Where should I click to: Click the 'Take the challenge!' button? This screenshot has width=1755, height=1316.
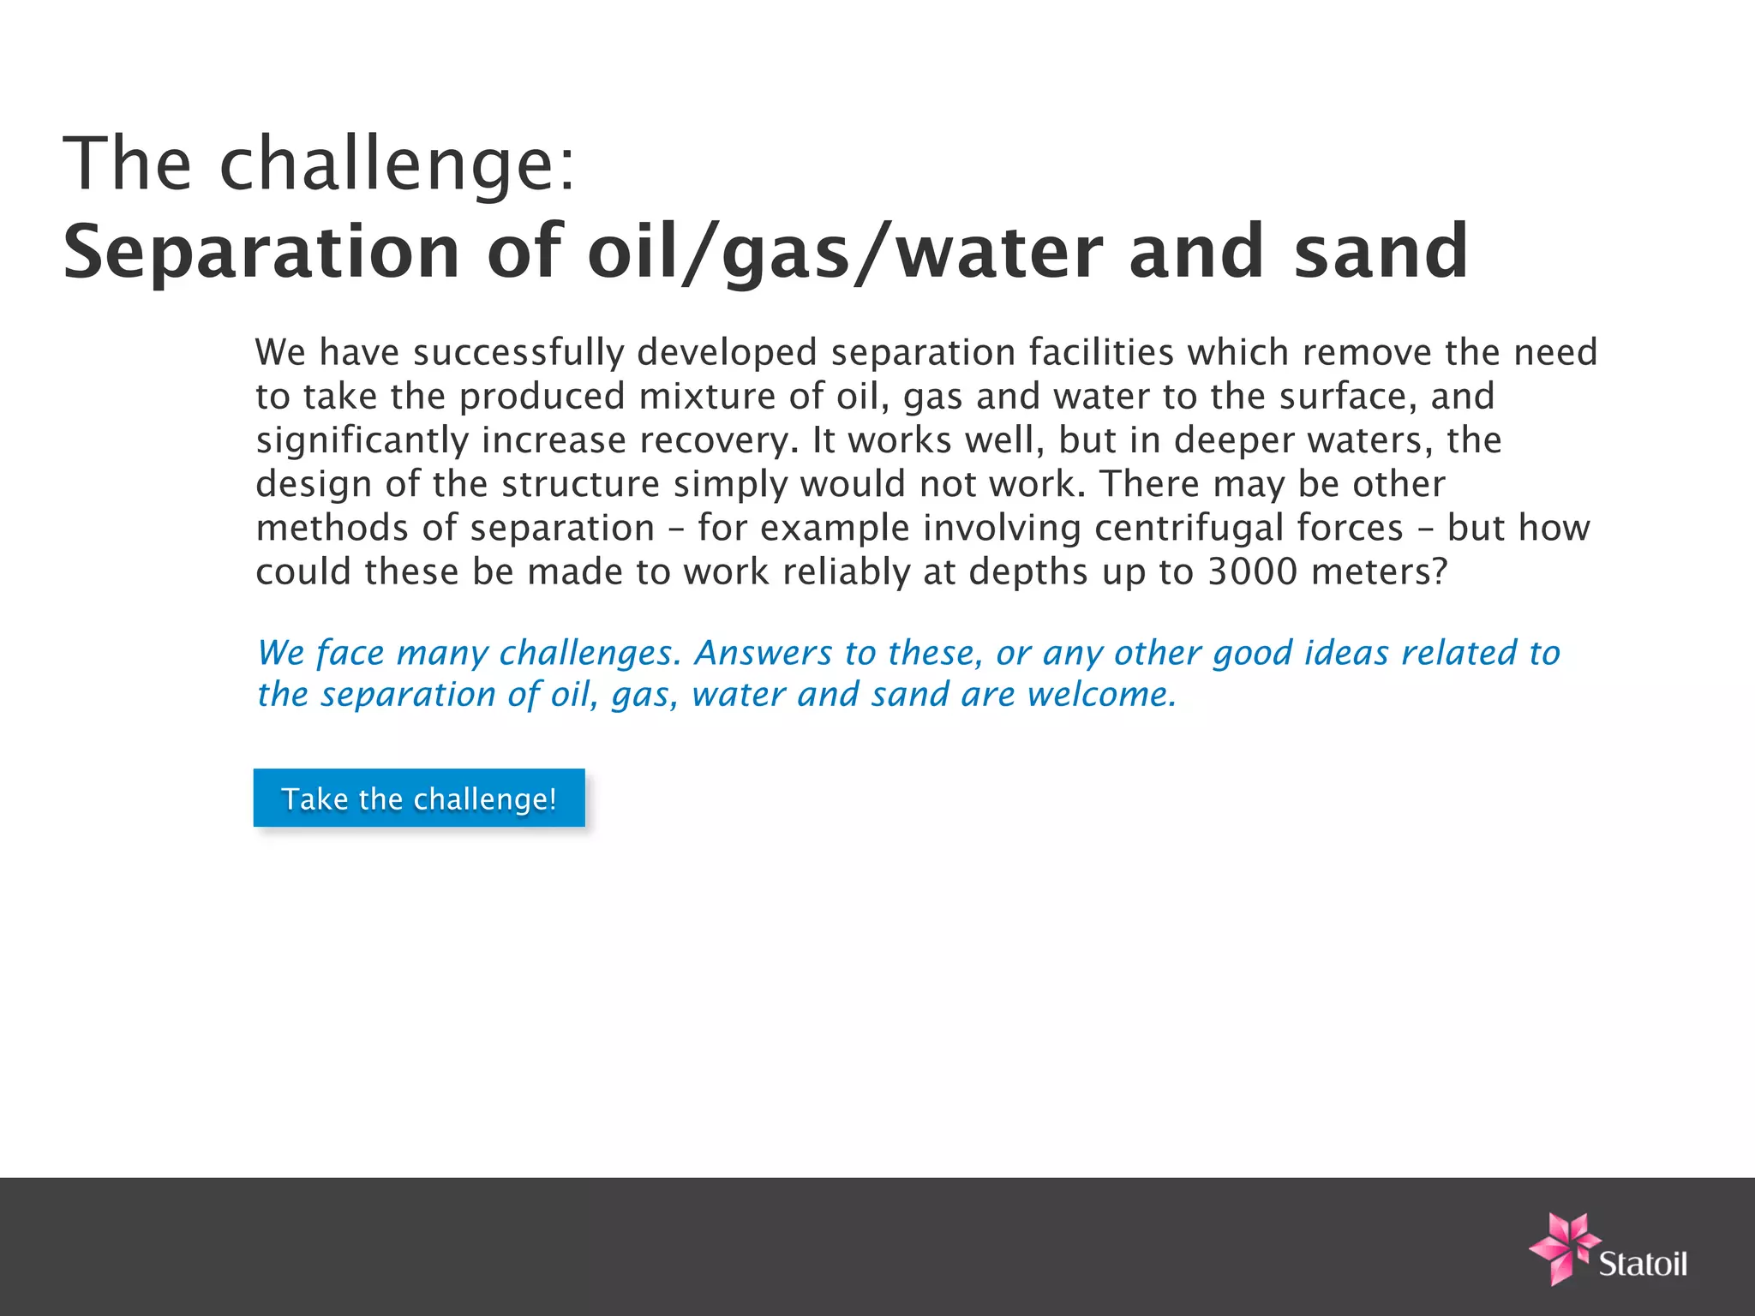(419, 798)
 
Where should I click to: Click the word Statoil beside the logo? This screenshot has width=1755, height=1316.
(1643, 1264)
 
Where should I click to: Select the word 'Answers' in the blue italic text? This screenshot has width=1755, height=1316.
(763, 653)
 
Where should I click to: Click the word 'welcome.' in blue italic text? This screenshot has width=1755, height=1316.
(1102, 694)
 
